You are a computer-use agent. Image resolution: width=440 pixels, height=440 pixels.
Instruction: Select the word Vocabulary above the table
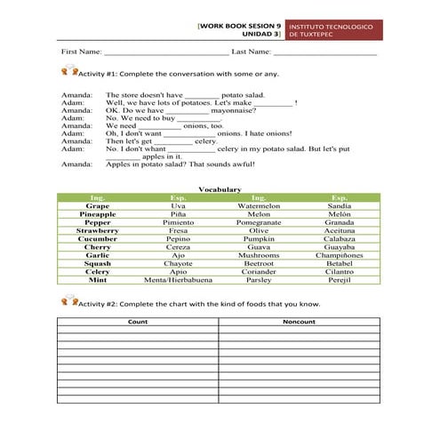[x=220, y=189]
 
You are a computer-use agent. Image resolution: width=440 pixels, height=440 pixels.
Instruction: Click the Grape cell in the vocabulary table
[x=98, y=205]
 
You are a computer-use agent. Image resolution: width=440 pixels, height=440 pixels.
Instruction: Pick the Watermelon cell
[x=259, y=205]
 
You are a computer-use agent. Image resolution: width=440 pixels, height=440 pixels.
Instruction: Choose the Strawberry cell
[x=98, y=230]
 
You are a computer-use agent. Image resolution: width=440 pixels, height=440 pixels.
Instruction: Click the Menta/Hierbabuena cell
[x=178, y=280]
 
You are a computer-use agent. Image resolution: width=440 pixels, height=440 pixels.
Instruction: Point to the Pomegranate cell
[x=259, y=222]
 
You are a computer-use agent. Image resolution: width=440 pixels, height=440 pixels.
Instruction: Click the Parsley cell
[x=259, y=280]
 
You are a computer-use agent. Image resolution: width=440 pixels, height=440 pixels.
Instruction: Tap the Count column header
[x=138, y=321]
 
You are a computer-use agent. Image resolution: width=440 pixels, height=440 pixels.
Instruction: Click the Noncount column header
[x=299, y=321]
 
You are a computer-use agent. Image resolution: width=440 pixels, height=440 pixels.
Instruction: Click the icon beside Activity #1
[x=69, y=76]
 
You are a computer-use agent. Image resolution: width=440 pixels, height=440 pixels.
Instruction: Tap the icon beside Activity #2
[x=69, y=301]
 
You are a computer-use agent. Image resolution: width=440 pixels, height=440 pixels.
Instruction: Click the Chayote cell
[x=178, y=263]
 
